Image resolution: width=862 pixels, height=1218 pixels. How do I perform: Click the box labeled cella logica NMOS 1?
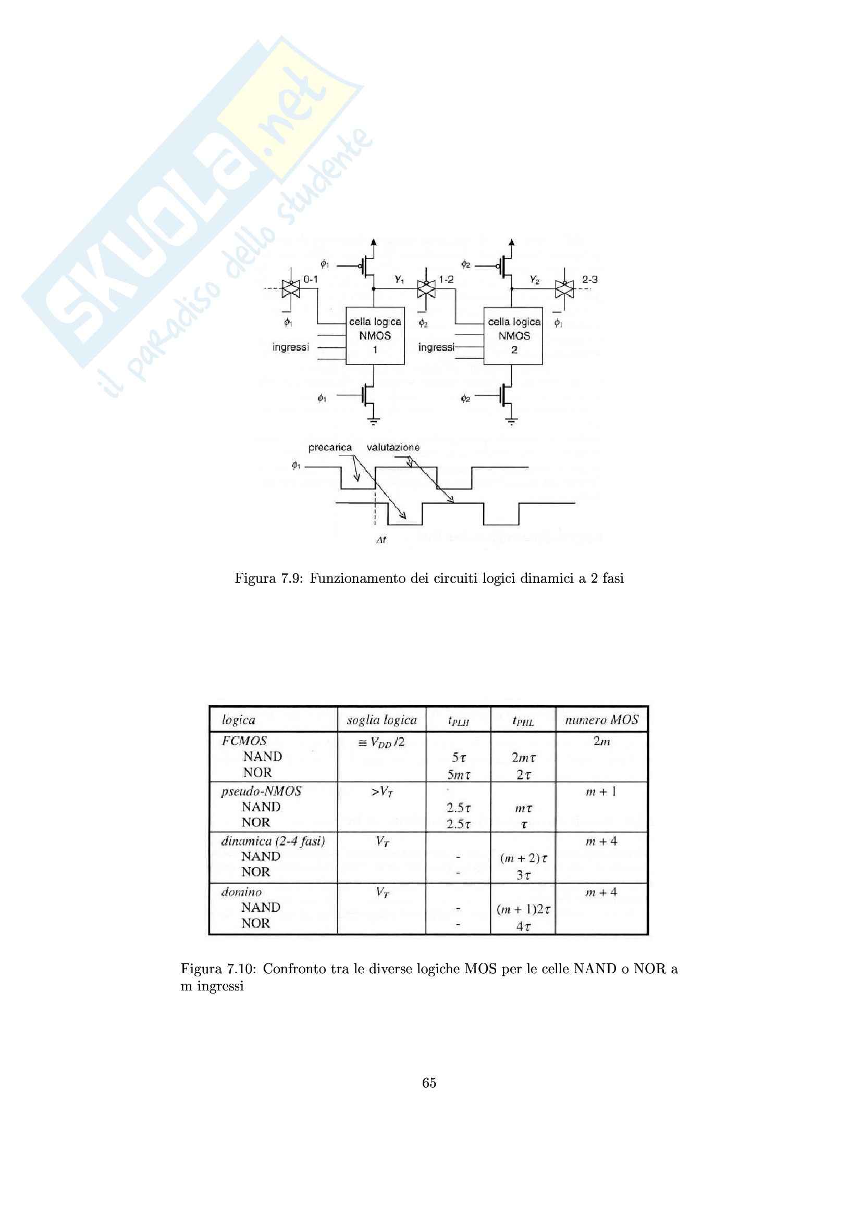click(375, 335)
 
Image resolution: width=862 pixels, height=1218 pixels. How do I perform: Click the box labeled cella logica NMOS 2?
click(513, 335)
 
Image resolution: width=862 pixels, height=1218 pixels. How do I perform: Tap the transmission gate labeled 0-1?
click(291, 288)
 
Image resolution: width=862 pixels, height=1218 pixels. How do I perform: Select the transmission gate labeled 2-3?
click(564, 288)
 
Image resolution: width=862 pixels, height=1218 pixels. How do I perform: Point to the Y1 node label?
click(399, 279)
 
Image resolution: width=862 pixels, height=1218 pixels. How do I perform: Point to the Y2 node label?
click(535, 279)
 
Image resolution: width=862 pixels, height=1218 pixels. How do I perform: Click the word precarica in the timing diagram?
click(329, 447)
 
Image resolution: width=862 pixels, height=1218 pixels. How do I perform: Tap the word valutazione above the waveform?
click(393, 447)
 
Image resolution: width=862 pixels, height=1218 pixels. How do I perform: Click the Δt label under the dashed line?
click(380, 540)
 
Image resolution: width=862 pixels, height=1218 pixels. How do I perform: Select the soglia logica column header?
click(381, 720)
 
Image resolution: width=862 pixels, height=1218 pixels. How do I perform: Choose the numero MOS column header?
click(601, 720)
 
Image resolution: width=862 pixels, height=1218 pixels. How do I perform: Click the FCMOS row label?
click(244, 740)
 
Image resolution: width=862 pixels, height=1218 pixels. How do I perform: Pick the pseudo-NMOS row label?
click(261, 791)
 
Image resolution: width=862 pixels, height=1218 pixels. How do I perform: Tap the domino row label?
click(241, 891)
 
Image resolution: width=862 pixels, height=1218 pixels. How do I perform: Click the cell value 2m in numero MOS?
click(601, 741)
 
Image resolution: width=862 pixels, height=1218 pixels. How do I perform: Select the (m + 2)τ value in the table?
click(523, 858)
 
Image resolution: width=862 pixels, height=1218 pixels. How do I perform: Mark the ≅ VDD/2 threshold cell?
click(381, 742)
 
